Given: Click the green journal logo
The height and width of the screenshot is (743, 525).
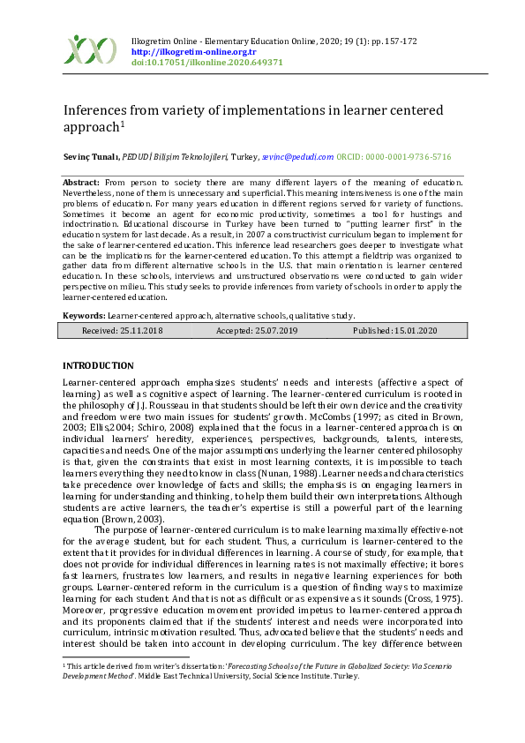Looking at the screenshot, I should click(x=91, y=50).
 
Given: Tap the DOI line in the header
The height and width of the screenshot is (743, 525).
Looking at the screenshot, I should click(x=206, y=63).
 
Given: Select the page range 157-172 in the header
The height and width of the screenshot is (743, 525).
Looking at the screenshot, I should click(x=397, y=41).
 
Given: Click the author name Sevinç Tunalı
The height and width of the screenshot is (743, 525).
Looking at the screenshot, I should click(x=90, y=156).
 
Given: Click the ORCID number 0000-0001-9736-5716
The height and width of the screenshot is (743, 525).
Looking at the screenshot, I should click(x=408, y=156).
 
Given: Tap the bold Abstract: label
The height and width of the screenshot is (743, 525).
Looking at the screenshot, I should click(x=80, y=181).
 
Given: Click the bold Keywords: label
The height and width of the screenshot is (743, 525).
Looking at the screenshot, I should click(x=84, y=315).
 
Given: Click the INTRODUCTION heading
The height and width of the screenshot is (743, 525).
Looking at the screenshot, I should click(x=98, y=365).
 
